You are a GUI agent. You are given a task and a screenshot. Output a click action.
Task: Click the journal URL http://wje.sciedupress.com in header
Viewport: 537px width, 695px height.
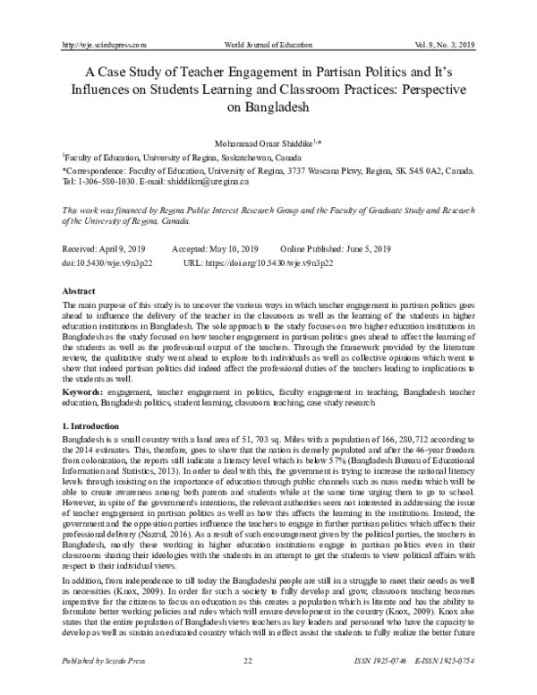point(101,44)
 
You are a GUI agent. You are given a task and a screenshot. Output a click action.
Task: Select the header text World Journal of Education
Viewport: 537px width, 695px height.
point(269,44)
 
